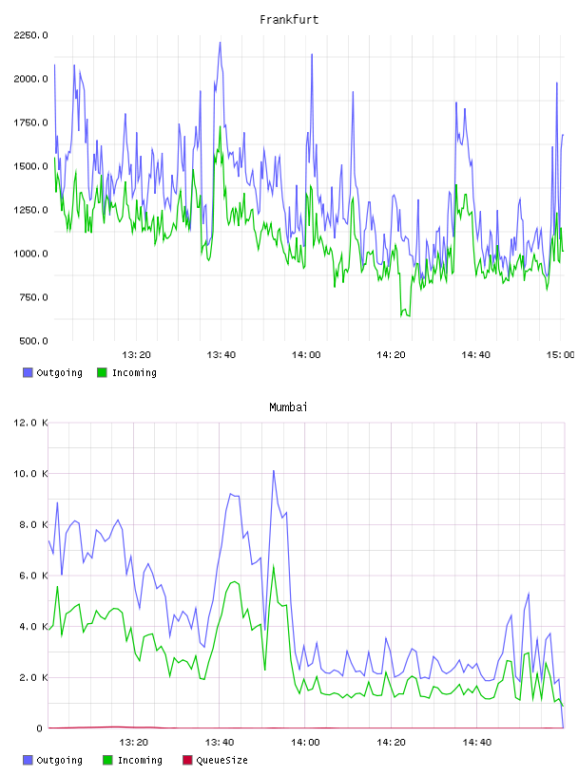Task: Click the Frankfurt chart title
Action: pos(289,19)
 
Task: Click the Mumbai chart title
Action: pos(288,406)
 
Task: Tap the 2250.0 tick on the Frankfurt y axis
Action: pos(30,35)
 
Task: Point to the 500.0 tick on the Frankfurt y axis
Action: pos(33,341)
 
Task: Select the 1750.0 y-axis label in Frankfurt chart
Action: pos(30,123)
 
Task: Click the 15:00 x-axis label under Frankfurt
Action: pos(560,355)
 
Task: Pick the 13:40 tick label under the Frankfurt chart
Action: pos(221,355)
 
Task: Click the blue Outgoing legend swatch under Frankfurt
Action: pos(28,372)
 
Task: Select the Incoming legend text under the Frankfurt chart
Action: pos(134,372)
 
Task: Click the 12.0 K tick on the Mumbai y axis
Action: pos(30,423)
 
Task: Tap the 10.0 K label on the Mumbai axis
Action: pos(30,474)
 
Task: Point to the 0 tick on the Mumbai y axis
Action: pos(40,728)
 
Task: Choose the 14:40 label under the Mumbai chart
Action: pos(476,743)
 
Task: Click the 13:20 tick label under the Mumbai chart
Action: pos(134,743)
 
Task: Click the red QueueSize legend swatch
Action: pos(187,760)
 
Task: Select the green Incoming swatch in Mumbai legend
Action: pos(107,760)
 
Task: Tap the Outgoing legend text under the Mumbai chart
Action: pos(59,760)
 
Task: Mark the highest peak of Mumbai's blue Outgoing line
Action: pos(274,470)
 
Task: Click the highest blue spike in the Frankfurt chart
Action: pos(221,43)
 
